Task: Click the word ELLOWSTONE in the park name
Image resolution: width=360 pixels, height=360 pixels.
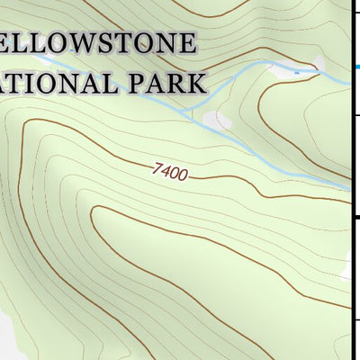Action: (97, 45)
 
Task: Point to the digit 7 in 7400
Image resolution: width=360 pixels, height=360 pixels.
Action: (157, 168)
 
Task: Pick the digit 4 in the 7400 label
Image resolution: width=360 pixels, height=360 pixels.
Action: (166, 171)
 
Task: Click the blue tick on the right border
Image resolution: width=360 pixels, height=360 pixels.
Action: (355, 67)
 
